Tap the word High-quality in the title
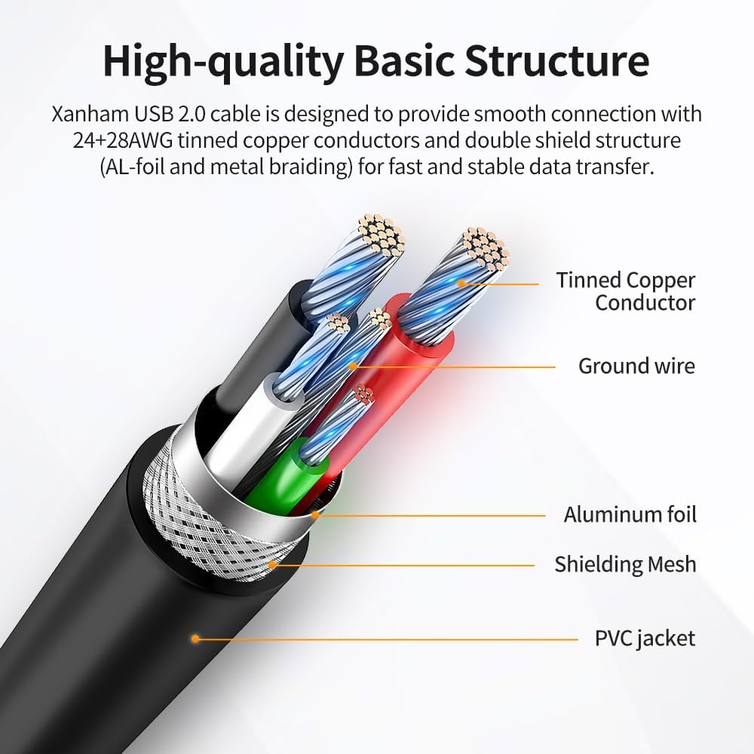(x=223, y=62)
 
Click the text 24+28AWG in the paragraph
(x=123, y=140)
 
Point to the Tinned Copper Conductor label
(x=626, y=291)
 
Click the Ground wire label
(x=636, y=366)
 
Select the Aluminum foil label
(x=630, y=514)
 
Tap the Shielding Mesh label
(x=625, y=564)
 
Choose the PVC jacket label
(x=645, y=639)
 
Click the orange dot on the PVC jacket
(x=195, y=639)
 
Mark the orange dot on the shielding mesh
(x=271, y=564)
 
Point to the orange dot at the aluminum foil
(x=315, y=515)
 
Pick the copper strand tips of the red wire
(x=485, y=249)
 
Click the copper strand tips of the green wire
(x=363, y=394)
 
